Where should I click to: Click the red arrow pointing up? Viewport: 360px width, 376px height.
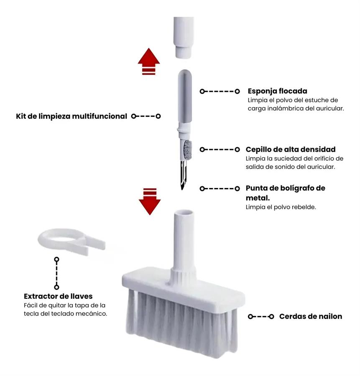pyautogui.click(x=149, y=61)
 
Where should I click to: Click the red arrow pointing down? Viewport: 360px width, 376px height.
pyautogui.click(x=150, y=201)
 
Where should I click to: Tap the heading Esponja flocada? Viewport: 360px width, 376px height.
pyautogui.click(x=278, y=91)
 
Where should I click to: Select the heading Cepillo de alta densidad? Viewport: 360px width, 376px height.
pyautogui.click(x=291, y=150)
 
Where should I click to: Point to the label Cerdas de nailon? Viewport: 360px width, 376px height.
pyautogui.click(x=311, y=316)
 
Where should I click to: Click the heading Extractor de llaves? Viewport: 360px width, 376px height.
pyautogui.click(x=58, y=296)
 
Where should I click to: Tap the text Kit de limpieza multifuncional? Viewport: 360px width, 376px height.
pyautogui.click(x=71, y=116)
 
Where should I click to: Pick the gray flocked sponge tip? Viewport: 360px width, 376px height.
pyautogui.click(x=185, y=96)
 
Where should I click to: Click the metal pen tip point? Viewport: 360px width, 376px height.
pyautogui.click(x=182, y=188)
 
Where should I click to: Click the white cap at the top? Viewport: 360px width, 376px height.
pyautogui.click(x=184, y=37)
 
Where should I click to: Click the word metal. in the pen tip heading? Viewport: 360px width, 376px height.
pyautogui.click(x=258, y=198)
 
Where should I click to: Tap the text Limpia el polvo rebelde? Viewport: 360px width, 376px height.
pyautogui.click(x=281, y=207)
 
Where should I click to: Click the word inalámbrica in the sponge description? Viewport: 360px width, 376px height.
pyautogui.click(x=285, y=108)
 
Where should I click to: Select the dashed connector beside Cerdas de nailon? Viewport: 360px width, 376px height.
pyautogui.click(x=261, y=317)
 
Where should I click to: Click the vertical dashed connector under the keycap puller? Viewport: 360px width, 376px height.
pyautogui.click(x=56, y=273)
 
